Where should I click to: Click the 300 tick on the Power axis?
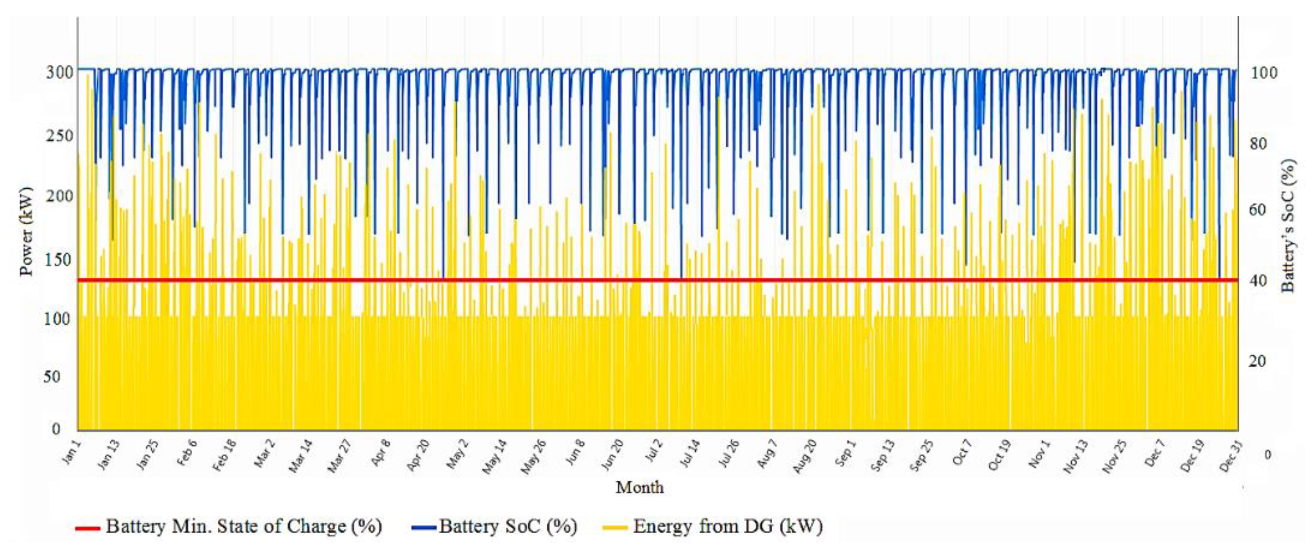point(60,72)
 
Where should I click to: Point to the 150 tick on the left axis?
point(58,260)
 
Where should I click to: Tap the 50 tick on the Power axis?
point(51,377)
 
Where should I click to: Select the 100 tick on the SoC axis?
point(1264,73)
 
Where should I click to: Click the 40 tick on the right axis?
point(1257,280)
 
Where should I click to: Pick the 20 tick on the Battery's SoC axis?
point(1257,361)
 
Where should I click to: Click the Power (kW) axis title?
point(26,231)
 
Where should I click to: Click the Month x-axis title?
point(639,487)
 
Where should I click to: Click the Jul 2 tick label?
point(654,451)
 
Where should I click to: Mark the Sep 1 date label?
point(845,453)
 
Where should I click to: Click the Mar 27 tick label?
point(339,457)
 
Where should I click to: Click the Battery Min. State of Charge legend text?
point(244,527)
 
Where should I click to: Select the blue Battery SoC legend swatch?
point(424,527)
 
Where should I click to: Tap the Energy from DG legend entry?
point(727,527)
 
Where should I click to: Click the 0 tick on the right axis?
point(1268,454)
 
